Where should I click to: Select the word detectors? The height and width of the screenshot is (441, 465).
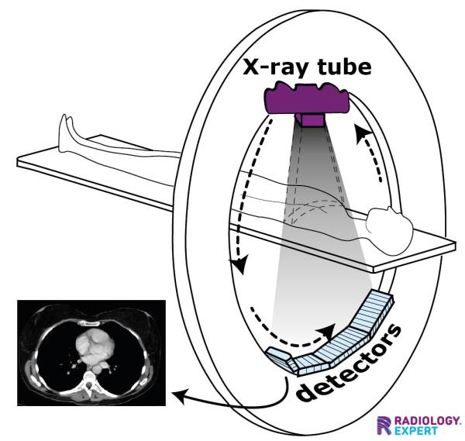click(x=353, y=363)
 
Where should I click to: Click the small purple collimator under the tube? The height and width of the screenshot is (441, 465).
click(x=312, y=120)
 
